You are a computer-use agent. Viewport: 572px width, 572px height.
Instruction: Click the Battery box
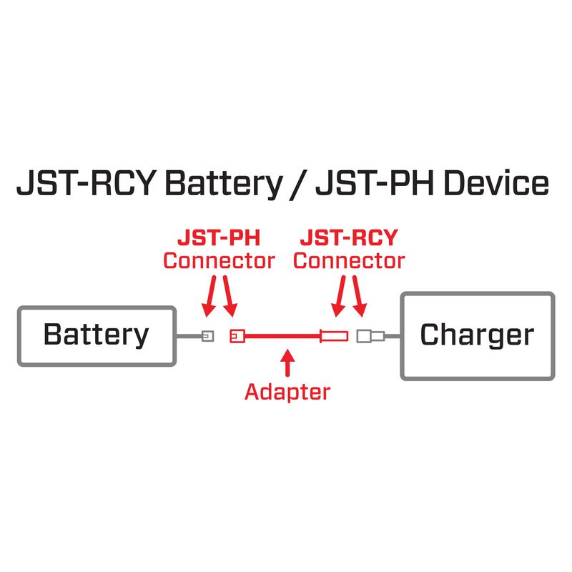pyautogui.click(x=97, y=335)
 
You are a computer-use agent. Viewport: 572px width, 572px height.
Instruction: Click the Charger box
pyautogui.click(x=477, y=335)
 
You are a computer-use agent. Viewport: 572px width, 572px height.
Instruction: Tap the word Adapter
pyautogui.click(x=287, y=392)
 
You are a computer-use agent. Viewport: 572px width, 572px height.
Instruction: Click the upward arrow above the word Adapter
pyautogui.click(x=287, y=363)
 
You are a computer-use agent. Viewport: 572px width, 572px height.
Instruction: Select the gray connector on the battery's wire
pyautogui.click(x=207, y=335)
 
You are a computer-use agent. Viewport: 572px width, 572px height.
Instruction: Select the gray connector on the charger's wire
pyautogui.click(x=370, y=335)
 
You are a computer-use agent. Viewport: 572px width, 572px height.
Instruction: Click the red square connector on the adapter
pyautogui.click(x=237, y=335)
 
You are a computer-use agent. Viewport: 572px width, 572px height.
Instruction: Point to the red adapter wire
pyautogui.click(x=282, y=335)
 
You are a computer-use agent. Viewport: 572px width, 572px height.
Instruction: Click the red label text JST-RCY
pyautogui.click(x=349, y=237)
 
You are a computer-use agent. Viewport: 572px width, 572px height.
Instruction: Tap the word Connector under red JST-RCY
pyautogui.click(x=349, y=261)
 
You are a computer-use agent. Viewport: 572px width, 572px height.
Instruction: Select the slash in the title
pyautogui.click(x=300, y=184)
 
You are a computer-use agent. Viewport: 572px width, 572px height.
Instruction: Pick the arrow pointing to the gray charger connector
pyautogui.click(x=360, y=298)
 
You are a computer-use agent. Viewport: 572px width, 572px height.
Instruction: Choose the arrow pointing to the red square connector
pyautogui.click(x=230, y=298)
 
